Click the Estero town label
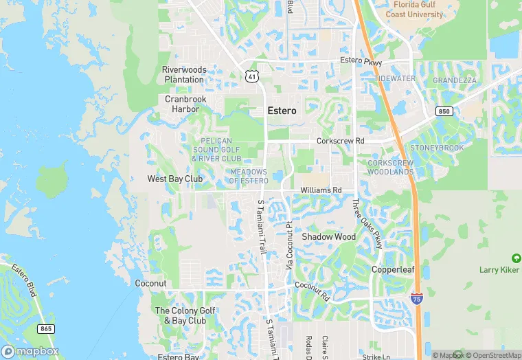pyautogui.click(x=282, y=111)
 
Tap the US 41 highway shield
pyautogui.click(x=251, y=76)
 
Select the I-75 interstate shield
pyautogui.click(x=416, y=298)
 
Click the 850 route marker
pyautogui.click(x=443, y=111)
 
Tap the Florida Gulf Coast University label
pyautogui.click(x=414, y=10)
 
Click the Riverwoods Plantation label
pyautogui.click(x=184, y=74)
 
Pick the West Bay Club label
pyautogui.click(x=175, y=179)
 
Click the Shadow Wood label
pyautogui.click(x=329, y=237)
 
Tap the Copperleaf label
pyautogui.click(x=393, y=269)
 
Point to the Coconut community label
pyautogui.click(x=150, y=283)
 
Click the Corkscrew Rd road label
pyautogui.click(x=340, y=142)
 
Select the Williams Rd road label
pyautogui.click(x=321, y=190)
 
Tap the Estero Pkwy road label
pyautogui.click(x=360, y=61)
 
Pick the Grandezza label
pyautogui.click(x=454, y=80)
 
